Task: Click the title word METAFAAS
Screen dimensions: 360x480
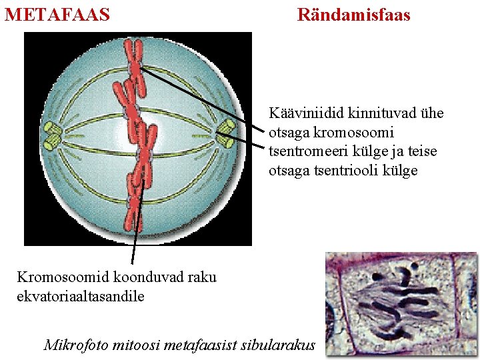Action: click(x=57, y=14)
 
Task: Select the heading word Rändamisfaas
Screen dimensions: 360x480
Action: click(x=353, y=14)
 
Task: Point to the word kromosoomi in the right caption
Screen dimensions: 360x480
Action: click(x=359, y=133)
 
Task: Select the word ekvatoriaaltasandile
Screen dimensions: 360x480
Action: click(x=80, y=296)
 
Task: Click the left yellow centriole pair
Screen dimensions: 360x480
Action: click(x=52, y=133)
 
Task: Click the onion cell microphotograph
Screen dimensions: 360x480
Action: click(x=401, y=304)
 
